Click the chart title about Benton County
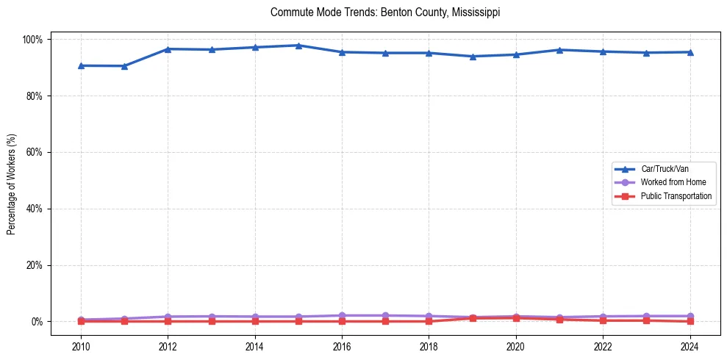[x=385, y=12]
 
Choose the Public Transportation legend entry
[x=676, y=196]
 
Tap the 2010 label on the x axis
[x=81, y=346]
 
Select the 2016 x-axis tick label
[x=342, y=346]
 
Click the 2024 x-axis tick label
[x=690, y=346]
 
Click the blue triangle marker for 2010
[x=81, y=65]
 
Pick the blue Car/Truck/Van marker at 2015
[x=298, y=46]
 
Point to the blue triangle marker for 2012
[x=168, y=48]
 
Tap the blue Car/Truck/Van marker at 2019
[x=472, y=56]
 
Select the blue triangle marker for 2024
[x=690, y=51]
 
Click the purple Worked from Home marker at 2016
[x=342, y=315]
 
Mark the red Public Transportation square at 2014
[x=255, y=321]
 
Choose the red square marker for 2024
[x=690, y=321]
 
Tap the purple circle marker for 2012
[x=168, y=316]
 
